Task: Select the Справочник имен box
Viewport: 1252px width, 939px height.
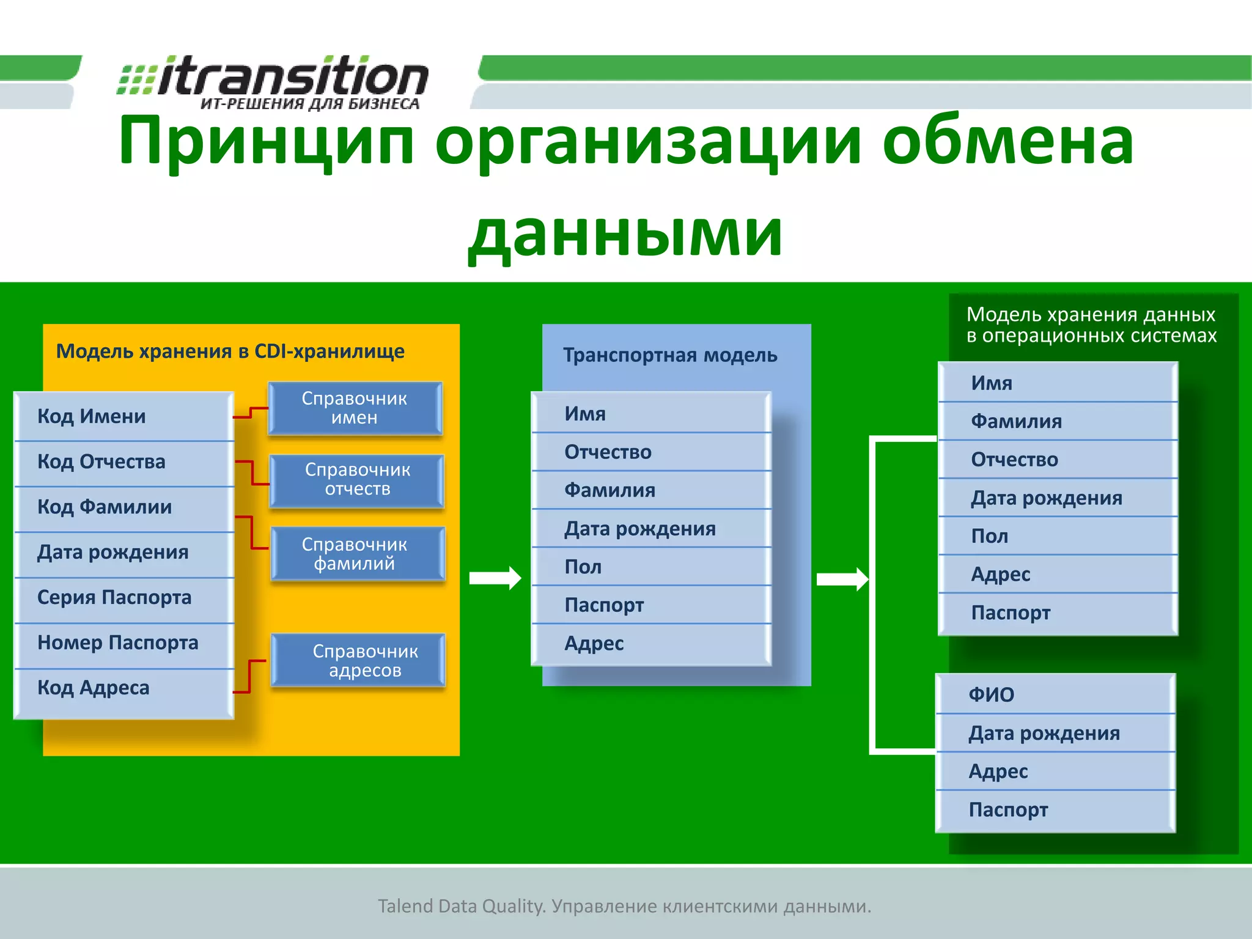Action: (355, 408)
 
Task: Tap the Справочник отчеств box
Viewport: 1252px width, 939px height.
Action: (357, 480)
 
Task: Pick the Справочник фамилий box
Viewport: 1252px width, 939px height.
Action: (357, 553)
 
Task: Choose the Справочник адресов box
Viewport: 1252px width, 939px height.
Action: (359, 660)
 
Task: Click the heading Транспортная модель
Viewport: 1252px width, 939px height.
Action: (670, 355)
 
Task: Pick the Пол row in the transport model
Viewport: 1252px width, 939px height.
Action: (651, 567)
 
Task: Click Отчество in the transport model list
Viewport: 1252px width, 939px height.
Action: (651, 452)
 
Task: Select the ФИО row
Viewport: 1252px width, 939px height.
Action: (1055, 695)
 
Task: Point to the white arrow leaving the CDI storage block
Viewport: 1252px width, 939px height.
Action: (495, 578)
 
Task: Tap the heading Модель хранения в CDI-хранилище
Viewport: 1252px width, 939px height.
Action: (230, 352)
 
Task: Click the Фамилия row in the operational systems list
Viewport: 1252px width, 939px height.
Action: (1058, 421)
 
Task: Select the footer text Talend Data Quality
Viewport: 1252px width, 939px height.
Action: (624, 906)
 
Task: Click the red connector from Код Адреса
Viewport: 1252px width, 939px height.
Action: (249, 677)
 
